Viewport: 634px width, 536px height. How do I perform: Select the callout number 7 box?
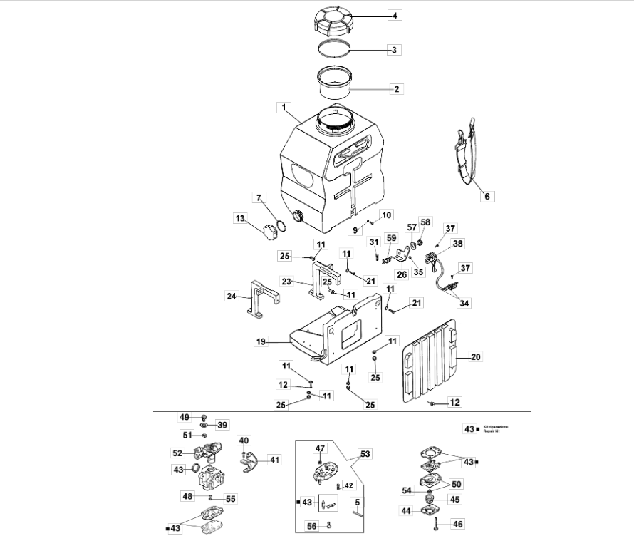259,197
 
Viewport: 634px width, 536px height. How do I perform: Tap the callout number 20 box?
475,356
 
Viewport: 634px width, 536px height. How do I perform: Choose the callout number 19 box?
261,342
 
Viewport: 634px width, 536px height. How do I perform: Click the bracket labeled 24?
260,303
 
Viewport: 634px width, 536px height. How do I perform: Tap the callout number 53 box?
365,453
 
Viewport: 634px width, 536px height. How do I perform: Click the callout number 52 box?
177,453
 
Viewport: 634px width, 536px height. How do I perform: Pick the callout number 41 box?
274,460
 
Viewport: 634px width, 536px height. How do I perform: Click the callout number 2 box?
395,89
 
